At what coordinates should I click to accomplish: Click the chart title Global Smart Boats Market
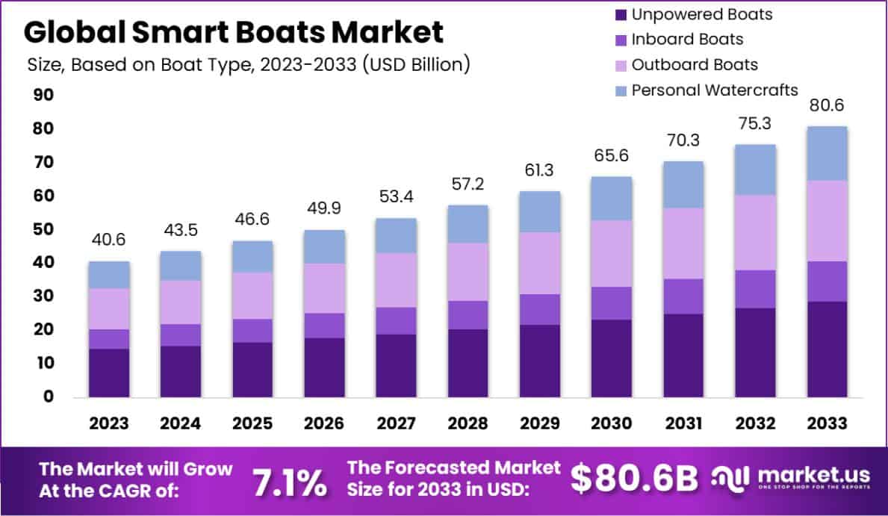pos(233,32)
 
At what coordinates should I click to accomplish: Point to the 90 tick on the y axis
pos(43,95)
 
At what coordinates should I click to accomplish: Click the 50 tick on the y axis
pos(43,229)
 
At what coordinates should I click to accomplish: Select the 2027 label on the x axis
pos(395,423)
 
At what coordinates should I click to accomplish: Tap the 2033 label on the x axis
pos(827,423)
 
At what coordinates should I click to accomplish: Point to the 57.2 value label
pos(468,183)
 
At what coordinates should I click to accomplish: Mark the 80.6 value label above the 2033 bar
pos(827,105)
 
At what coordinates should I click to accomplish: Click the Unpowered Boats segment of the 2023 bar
pos(108,372)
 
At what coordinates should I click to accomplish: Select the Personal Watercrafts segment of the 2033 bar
pos(827,153)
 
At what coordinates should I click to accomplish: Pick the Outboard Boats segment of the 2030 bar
pos(611,253)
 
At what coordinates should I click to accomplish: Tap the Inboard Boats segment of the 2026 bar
pos(323,325)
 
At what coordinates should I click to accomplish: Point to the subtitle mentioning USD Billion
pos(248,65)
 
